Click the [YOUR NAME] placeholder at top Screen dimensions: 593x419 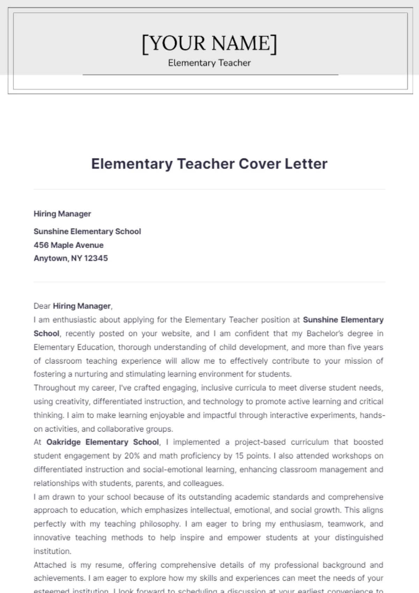pos(209,43)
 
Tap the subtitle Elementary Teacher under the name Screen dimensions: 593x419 pos(209,63)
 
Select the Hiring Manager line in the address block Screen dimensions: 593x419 pos(62,214)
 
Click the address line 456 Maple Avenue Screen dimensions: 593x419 pos(68,245)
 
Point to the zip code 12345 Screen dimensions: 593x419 pos(96,258)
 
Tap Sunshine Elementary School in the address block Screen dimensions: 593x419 pos(87,232)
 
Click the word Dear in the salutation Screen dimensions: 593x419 pos(42,306)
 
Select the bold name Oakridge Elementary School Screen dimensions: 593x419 pos(103,442)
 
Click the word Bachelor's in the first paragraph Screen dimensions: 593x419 pos(325,333)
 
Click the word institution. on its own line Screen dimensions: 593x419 pos(52,551)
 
